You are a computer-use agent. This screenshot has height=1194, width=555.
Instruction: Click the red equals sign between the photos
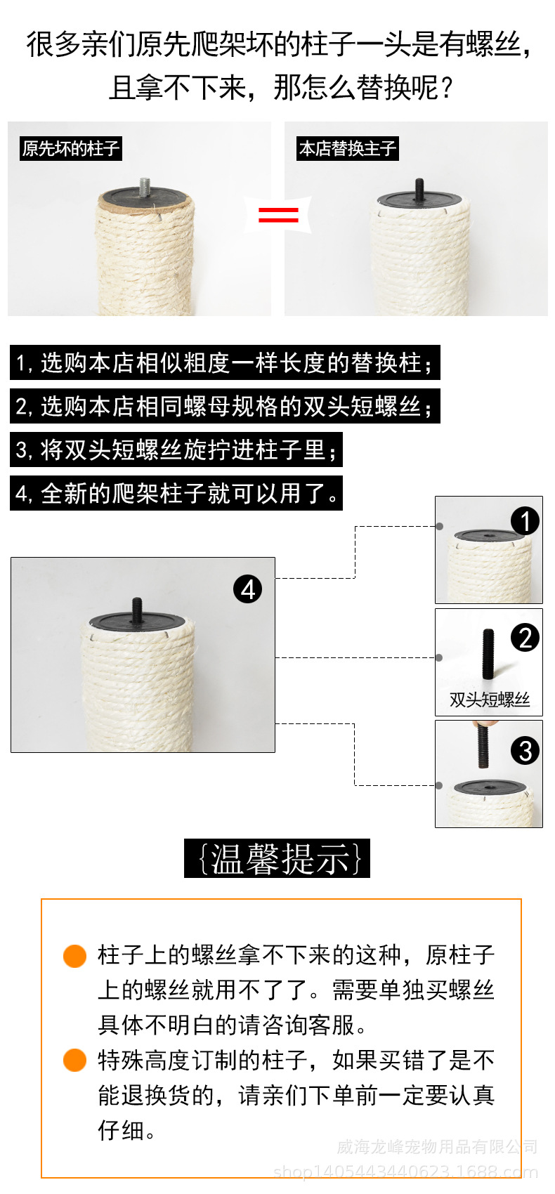coord(278,214)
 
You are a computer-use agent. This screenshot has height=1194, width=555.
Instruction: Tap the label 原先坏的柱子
coord(71,149)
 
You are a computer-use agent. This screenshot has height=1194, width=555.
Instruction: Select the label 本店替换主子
coord(348,149)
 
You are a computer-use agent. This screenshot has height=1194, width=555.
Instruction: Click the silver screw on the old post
coord(146,187)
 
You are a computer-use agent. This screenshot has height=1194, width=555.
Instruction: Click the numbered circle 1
coord(525,521)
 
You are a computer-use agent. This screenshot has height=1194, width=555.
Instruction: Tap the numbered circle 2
coord(525,638)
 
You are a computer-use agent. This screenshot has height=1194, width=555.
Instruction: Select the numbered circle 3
coord(525,751)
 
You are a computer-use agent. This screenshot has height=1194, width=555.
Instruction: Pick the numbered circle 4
coord(247,589)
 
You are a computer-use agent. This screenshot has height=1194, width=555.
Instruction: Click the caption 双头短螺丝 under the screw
coord(489,700)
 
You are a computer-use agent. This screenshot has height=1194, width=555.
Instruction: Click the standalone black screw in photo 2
coord(488,653)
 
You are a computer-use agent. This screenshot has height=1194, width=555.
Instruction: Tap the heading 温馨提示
coord(277,858)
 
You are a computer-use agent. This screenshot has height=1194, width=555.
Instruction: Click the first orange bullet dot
coord(74,956)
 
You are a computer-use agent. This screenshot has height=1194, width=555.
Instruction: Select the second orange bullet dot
coord(74,1061)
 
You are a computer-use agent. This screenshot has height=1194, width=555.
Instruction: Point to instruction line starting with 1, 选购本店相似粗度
coord(225,363)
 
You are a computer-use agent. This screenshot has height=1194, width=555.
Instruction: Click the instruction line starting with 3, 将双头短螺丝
coord(176,450)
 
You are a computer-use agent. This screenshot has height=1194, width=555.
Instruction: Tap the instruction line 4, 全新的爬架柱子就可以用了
coord(176,493)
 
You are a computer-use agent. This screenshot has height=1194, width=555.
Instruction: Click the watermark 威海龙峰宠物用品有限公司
coord(436,1147)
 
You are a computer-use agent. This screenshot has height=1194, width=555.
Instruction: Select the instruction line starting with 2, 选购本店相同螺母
coord(225,407)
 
